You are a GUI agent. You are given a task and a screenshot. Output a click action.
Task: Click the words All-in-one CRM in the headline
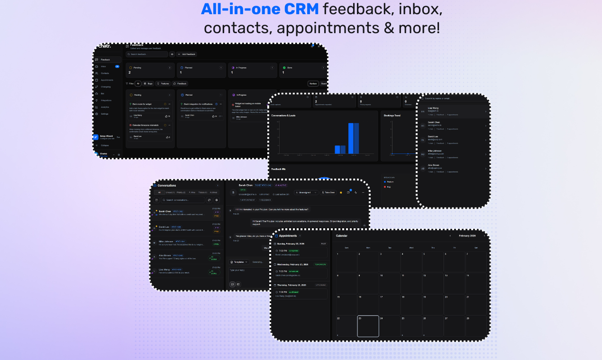pos(260,9)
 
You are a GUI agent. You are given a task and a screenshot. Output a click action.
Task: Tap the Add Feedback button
pos(187,54)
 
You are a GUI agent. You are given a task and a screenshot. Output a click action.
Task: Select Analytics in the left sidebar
pos(105,107)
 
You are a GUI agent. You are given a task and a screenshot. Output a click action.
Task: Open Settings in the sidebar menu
pos(104,114)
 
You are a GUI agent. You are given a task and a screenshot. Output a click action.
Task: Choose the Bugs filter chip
pos(148,83)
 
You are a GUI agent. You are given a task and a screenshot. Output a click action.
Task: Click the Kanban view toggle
pos(313,83)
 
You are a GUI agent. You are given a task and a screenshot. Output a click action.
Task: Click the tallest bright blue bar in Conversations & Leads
pos(354,138)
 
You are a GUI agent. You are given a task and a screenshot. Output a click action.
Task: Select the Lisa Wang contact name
pos(433,108)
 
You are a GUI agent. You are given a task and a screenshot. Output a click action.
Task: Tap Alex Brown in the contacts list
pos(434,165)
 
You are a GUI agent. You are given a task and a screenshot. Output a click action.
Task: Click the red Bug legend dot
pos(384,187)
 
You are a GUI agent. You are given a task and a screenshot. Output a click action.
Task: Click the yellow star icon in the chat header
pos(340,193)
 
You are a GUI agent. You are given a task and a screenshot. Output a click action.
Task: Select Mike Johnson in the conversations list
pos(163,242)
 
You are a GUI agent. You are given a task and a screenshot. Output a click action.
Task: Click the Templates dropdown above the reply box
pos(239,262)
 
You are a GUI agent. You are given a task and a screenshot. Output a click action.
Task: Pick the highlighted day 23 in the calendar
pos(368,326)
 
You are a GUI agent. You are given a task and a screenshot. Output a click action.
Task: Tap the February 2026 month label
pos(467,235)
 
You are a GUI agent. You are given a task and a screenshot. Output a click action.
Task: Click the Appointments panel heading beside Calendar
pos(288,235)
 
